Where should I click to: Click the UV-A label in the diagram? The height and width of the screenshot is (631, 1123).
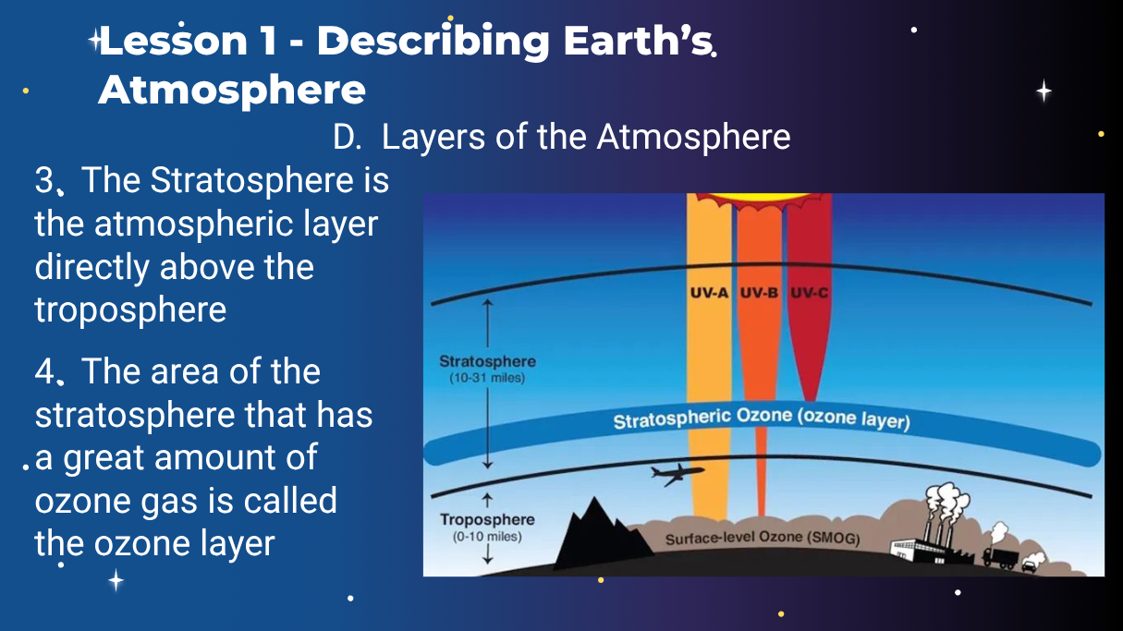tap(709, 293)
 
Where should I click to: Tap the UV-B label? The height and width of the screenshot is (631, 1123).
tap(759, 293)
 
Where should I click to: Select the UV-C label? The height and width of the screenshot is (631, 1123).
tap(809, 293)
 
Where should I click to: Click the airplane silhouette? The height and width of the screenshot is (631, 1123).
tap(677, 474)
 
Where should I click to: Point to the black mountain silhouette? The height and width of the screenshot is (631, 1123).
tap(602, 535)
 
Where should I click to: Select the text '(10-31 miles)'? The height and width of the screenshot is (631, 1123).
tap(487, 378)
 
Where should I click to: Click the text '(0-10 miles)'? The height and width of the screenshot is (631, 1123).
tap(487, 537)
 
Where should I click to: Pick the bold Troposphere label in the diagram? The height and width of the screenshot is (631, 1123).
tap(487, 519)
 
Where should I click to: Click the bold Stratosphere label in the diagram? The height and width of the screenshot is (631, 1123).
tap(487, 361)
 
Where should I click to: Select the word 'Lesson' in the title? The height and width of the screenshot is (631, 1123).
tap(174, 40)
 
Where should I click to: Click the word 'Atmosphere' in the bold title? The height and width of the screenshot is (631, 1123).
tap(232, 91)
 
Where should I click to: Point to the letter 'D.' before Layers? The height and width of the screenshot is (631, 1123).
tap(347, 137)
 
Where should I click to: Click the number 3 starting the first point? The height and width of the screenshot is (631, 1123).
tap(44, 180)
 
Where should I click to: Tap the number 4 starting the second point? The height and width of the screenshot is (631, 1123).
tap(44, 371)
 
